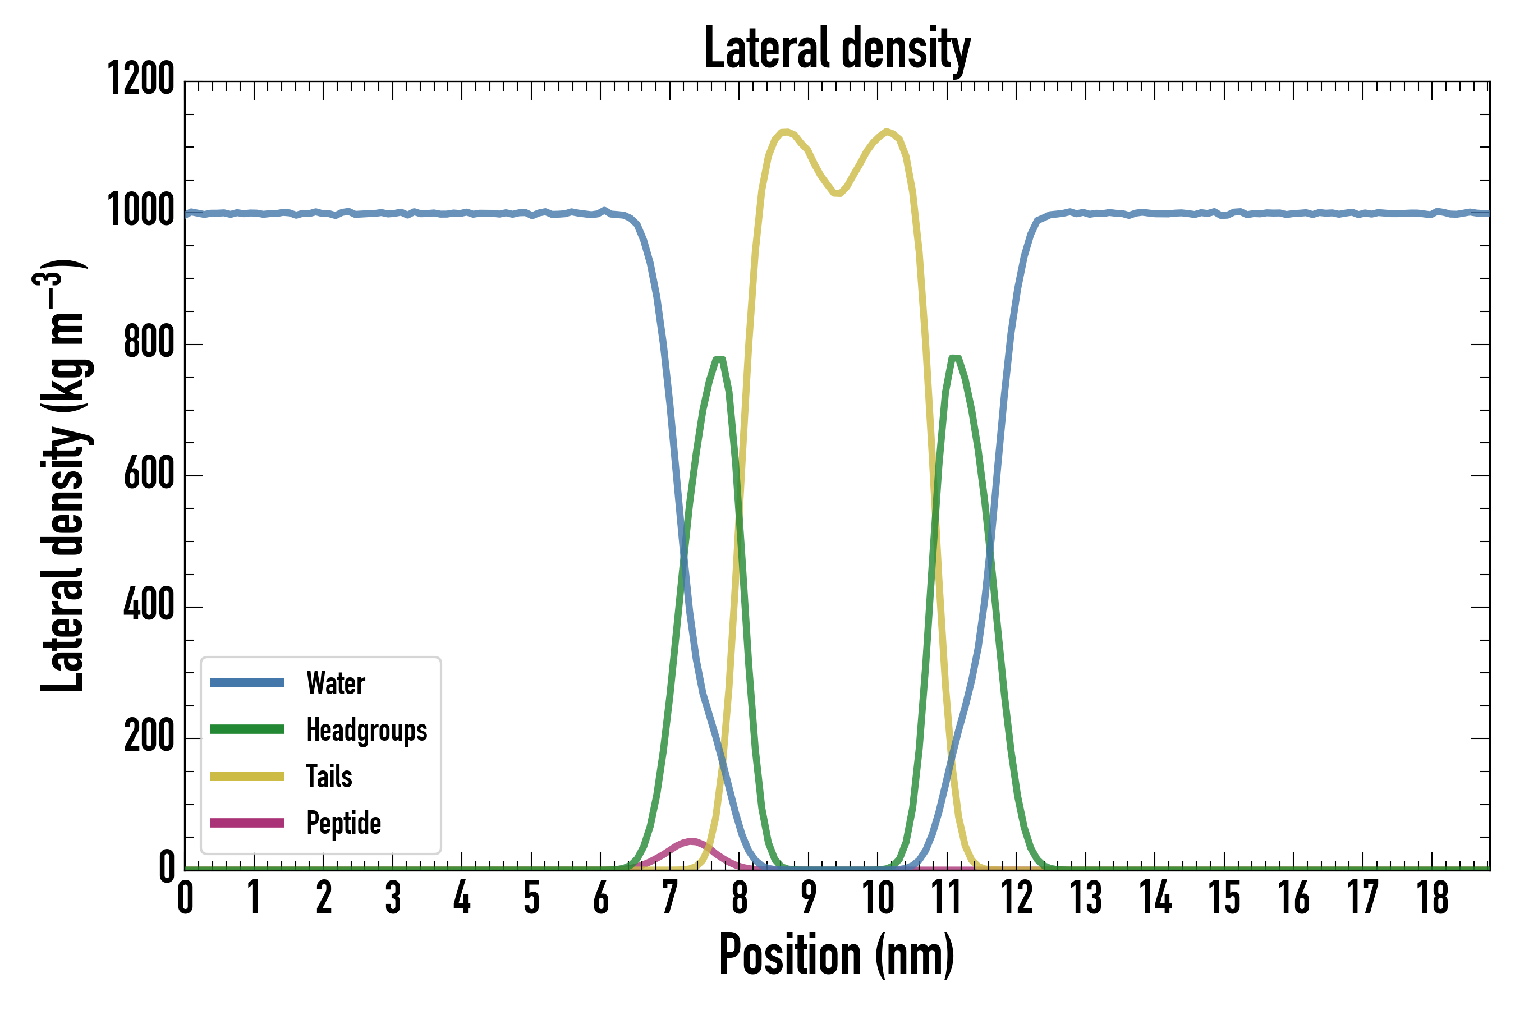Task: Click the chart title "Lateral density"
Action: (x=837, y=49)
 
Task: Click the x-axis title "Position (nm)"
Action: (x=836, y=954)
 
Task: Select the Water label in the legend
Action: (x=336, y=683)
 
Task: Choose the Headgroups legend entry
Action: (x=366, y=730)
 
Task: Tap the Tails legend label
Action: (x=329, y=777)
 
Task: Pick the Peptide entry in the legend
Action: (x=343, y=823)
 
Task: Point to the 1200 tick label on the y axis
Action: (x=140, y=80)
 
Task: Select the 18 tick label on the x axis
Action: (x=1433, y=897)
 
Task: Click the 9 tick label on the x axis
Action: (x=809, y=897)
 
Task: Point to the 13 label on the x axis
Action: (x=1085, y=897)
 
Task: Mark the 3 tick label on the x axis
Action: (x=393, y=897)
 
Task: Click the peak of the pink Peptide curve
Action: (x=691, y=841)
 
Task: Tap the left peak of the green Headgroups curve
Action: (x=720, y=360)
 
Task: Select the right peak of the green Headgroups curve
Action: (x=954, y=357)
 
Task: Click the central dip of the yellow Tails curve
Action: (x=837, y=192)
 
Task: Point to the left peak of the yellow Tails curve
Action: (x=784, y=132)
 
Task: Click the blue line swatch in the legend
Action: (x=247, y=683)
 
